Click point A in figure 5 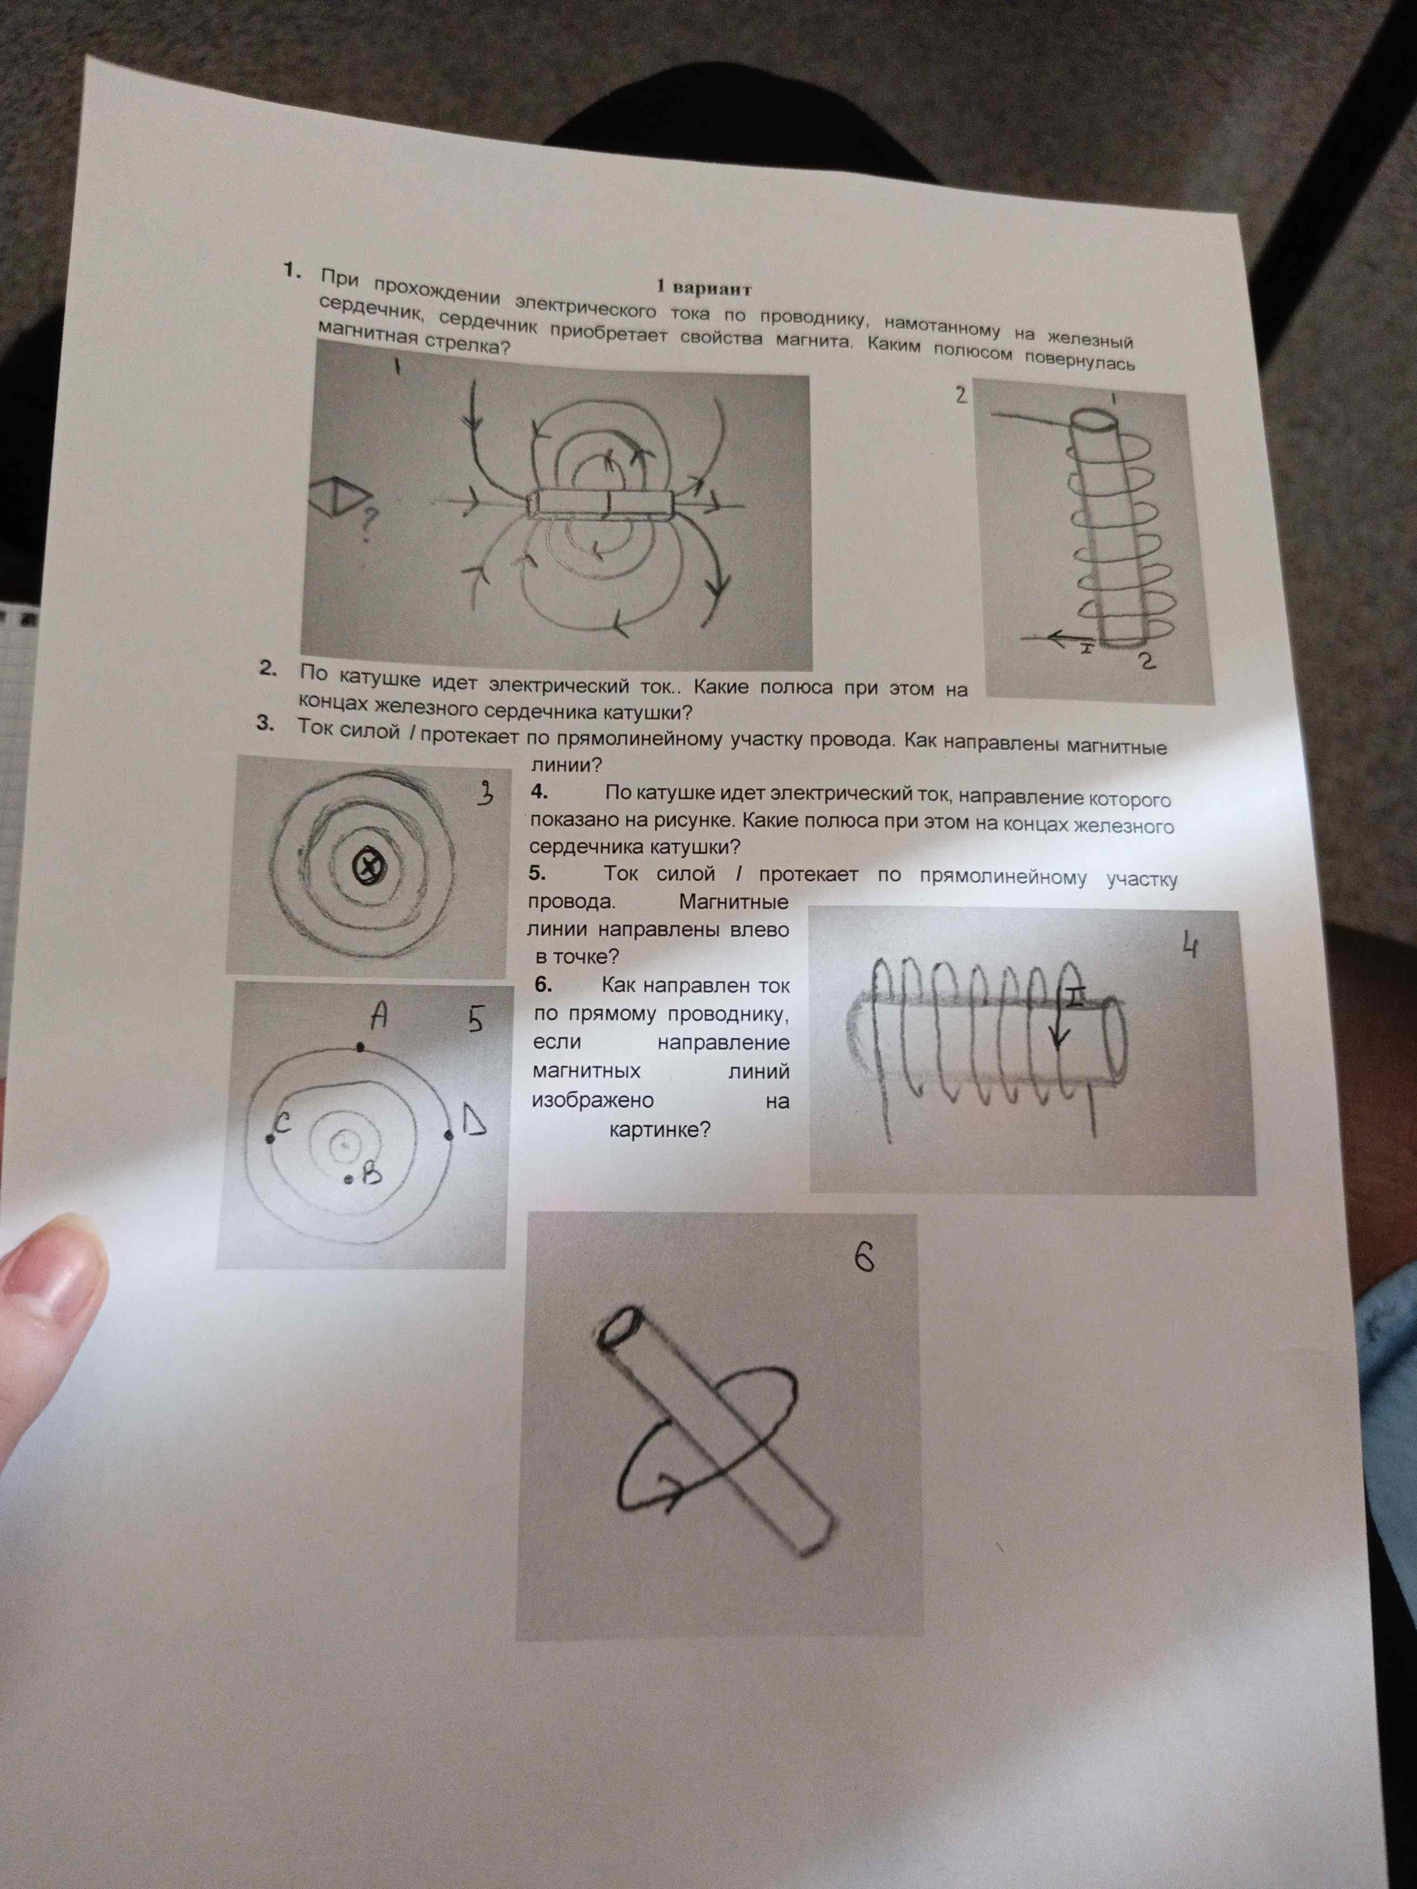coord(360,1046)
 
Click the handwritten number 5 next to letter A coord(475,1021)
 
